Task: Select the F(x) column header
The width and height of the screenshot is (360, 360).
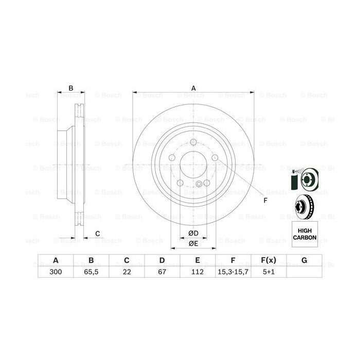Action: pyautogui.click(x=268, y=261)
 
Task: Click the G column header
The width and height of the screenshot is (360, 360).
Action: pyautogui.click(x=304, y=261)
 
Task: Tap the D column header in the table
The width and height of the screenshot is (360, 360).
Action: pyautogui.click(x=162, y=261)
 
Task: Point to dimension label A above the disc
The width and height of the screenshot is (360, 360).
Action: pyautogui.click(x=194, y=88)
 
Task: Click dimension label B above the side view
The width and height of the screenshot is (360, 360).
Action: pyautogui.click(x=71, y=88)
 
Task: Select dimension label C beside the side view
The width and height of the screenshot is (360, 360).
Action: pyautogui.click(x=98, y=235)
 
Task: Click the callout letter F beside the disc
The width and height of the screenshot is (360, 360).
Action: pyautogui.click(x=265, y=201)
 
